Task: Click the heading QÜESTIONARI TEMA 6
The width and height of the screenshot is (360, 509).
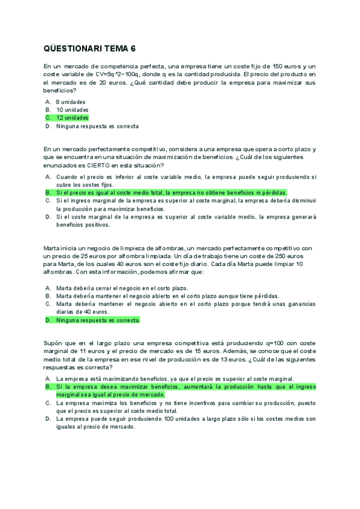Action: click(x=94, y=49)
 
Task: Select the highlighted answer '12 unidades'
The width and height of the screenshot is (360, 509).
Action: click(x=72, y=118)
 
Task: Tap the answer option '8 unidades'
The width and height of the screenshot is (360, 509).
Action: click(x=71, y=102)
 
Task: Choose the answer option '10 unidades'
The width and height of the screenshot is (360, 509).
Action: click(x=72, y=110)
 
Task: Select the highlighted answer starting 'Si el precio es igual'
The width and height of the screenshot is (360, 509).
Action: click(x=171, y=193)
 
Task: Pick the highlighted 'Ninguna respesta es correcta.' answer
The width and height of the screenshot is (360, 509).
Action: click(x=98, y=321)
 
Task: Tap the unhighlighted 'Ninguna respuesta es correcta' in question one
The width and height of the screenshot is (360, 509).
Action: click(x=97, y=127)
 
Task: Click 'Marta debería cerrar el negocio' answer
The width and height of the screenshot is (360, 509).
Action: click(x=122, y=288)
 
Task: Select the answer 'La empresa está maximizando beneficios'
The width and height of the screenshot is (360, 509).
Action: click(x=175, y=379)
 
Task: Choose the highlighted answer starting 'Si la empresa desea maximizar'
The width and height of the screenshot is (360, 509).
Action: click(x=185, y=391)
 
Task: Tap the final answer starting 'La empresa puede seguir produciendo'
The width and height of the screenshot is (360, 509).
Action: click(x=185, y=423)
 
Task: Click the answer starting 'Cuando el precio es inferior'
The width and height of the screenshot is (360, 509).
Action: click(x=185, y=181)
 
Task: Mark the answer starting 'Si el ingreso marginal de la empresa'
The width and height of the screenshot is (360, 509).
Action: click(x=185, y=205)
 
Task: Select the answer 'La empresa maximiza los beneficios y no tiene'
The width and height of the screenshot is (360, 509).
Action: click(x=185, y=407)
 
